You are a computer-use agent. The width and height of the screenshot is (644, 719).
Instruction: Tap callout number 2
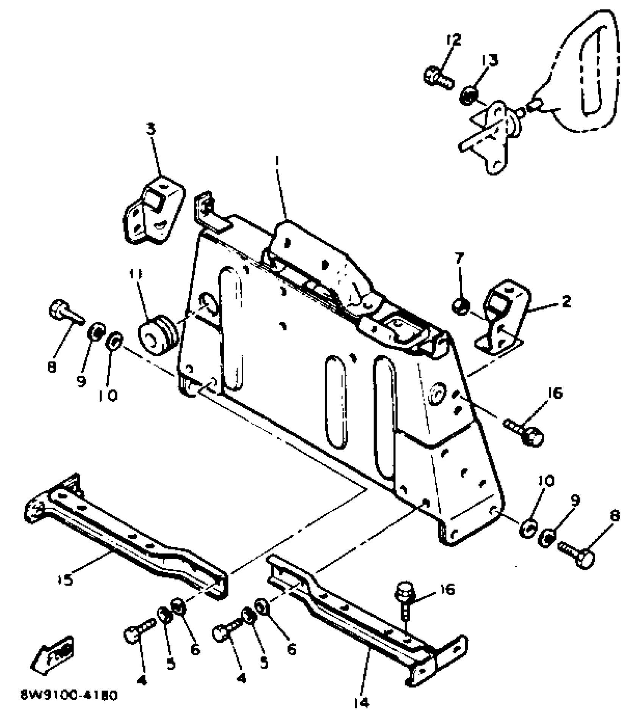click(x=566, y=302)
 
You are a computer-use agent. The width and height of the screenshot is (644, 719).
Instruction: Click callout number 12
click(x=454, y=40)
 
